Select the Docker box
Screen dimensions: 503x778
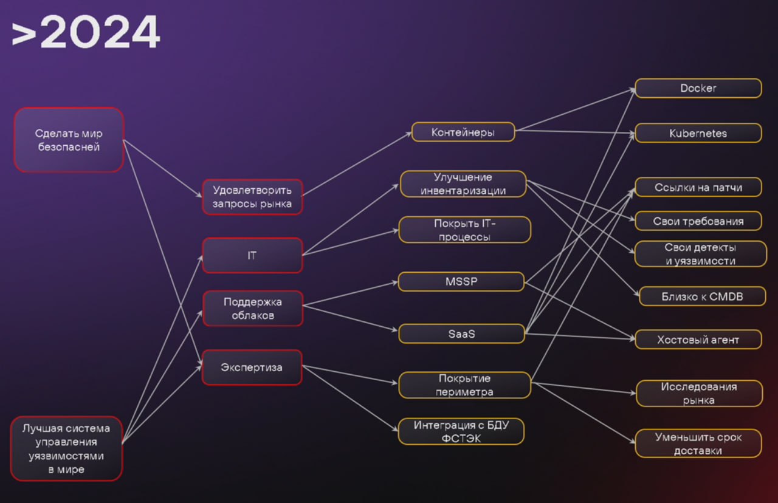pos(698,88)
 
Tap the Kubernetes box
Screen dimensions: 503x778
pos(698,133)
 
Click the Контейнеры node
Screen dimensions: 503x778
pos(463,132)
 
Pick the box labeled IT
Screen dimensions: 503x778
pos(252,255)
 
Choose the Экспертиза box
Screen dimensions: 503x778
pos(252,367)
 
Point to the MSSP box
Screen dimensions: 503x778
pos(461,281)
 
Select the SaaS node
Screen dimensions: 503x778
pos(461,334)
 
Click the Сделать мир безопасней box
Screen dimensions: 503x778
pos(69,140)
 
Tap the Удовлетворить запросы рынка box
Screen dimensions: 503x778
pos(252,197)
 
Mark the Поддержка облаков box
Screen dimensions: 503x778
pos(252,308)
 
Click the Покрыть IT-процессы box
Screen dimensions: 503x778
pos(464,230)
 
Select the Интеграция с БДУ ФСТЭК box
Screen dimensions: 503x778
pos(461,431)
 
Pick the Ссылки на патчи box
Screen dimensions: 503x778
pos(698,187)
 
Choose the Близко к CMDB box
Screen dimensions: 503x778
pos(702,296)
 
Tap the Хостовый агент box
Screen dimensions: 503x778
pos(698,340)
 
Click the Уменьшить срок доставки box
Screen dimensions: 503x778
pos(698,443)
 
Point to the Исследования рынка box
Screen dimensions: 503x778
pos(698,394)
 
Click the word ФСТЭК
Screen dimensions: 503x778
pos(461,438)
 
